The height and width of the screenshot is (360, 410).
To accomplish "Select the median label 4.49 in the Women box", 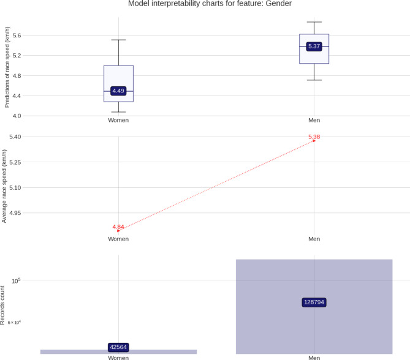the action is [118, 91].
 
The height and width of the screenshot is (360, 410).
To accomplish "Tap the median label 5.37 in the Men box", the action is [314, 47].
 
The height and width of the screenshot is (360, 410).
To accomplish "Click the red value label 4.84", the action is [118, 227].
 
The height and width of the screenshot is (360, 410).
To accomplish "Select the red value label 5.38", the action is [314, 137].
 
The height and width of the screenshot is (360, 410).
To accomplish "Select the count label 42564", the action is [118, 347].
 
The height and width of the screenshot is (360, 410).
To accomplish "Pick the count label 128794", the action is [314, 302].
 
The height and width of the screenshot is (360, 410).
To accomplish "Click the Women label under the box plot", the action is [118, 120].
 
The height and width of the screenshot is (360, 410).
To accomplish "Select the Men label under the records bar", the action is [314, 357].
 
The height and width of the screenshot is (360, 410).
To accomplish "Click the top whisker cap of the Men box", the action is [314, 22].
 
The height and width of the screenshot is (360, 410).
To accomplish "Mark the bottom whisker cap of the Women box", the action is [118, 112].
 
